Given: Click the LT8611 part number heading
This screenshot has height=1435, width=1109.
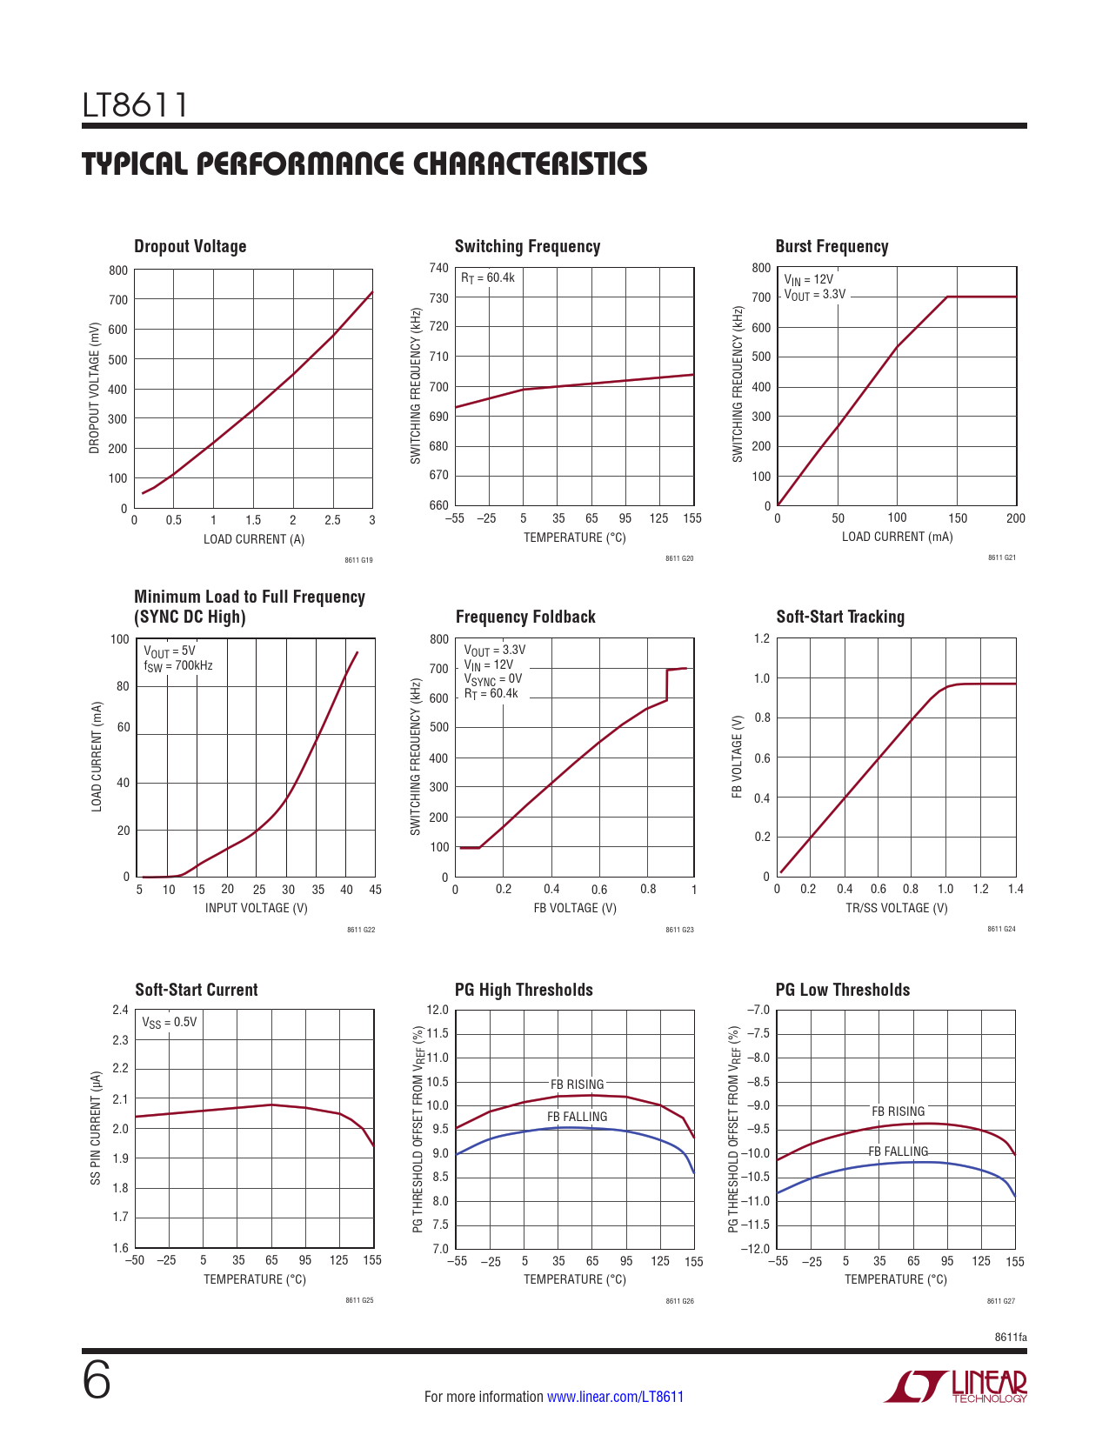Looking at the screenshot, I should pyautogui.click(x=135, y=105).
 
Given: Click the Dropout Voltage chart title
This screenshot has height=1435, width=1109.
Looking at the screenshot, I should pyautogui.click(x=190, y=246).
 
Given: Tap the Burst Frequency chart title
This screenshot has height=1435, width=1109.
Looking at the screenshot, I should pyautogui.click(x=832, y=246).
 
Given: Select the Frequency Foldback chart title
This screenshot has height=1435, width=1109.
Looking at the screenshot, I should pyautogui.click(x=525, y=617).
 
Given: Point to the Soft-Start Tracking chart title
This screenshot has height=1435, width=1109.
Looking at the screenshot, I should pyautogui.click(x=840, y=617).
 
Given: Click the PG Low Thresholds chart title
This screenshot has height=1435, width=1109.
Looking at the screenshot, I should pyautogui.click(x=842, y=990).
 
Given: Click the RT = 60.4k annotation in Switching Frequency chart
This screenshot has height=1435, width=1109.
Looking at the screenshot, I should pyautogui.click(x=488, y=277).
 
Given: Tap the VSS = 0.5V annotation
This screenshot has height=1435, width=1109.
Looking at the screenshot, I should pyautogui.click(x=170, y=1022).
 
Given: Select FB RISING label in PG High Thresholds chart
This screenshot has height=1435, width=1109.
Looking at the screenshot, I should pyautogui.click(x=577, y=1085).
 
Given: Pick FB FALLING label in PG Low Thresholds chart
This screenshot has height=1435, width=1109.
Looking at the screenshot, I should pyautogui.click(x=899, y=1151).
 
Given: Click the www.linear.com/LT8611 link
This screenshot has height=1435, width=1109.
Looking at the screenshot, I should pyautogui.click(x=615, y=1397).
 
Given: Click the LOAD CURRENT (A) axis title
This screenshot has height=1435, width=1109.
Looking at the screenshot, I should pyautogui.click(x=254, y=539).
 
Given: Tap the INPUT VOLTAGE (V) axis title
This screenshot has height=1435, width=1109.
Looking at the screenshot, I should pyautogui.click(x=257, y=908).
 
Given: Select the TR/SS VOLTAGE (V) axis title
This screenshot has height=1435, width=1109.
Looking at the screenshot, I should pyautogui.click(x=897, y=908).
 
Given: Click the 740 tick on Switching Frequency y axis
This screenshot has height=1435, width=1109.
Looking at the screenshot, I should pyautogui.click(x=439, y=268).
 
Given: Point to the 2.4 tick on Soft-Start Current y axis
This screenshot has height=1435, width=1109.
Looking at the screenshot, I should pyautogui.click(x=120, y=1010).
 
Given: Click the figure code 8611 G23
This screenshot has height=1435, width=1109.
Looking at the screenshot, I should pyautogui.click(x=679, y=930).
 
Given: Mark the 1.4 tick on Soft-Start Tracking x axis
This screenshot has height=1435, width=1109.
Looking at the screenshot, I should pyautogui.click(x=1015, y=889).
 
